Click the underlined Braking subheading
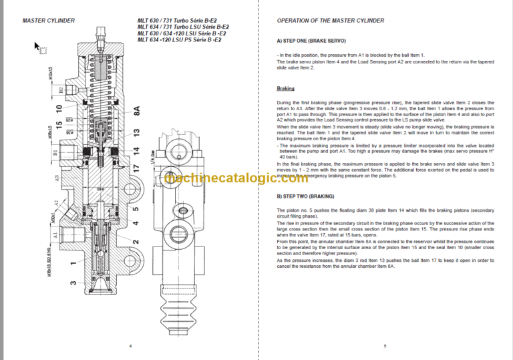(286, 88)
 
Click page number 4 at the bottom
(130, 345)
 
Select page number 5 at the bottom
(385, 345)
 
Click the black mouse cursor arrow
(37, 46)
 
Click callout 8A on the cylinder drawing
(137, 111)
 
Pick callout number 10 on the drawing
(59, 108)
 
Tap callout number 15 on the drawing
(59, 125)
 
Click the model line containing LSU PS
(180, 40)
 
